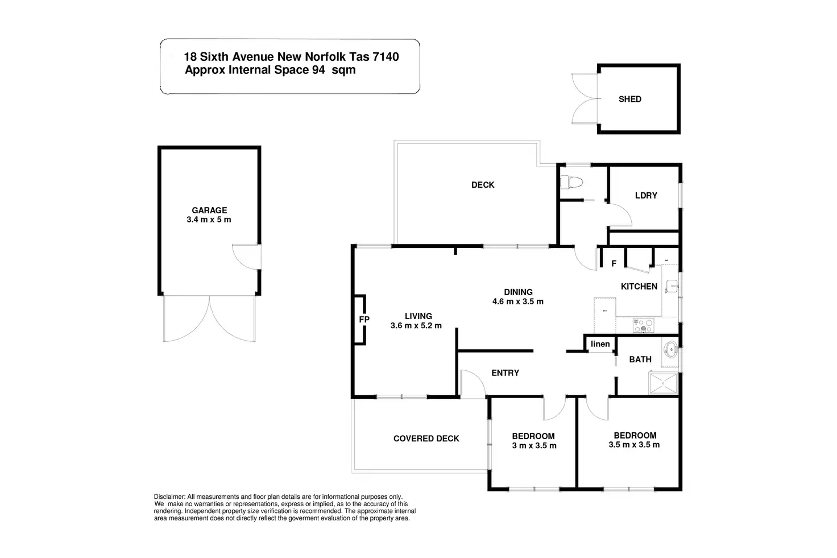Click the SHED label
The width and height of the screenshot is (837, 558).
coord(630,99)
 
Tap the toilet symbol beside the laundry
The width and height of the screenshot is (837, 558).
coord(571,183)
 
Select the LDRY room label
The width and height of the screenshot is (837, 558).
coord(646,196)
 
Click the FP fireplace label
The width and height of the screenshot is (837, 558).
coord(364,320)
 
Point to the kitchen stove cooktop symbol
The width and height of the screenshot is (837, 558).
coord(644,325)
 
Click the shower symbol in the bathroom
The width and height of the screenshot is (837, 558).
coord(663,383)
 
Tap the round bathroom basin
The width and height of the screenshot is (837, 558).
coord(671,350)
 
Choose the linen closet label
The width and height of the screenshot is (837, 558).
coord(600,344)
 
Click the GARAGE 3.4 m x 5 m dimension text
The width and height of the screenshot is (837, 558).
coord(209,220)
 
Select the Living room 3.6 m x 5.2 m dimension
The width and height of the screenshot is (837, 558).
coord(416,325)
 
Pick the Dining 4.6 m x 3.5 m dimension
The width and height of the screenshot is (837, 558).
coord(518,301)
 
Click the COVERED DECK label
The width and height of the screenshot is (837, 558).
coord(426,439)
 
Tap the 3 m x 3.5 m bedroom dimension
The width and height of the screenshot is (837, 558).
coord(534,445)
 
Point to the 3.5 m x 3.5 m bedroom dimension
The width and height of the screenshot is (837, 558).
coord(634,445)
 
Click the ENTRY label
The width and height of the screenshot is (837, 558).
coord(505,373)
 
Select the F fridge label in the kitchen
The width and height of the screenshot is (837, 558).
coord(614,264)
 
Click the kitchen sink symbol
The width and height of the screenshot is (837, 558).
coord(672,287)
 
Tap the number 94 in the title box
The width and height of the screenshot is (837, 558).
coord(318,70)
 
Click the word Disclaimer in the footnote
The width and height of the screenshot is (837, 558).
coord(169,497)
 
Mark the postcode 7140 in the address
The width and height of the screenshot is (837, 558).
coord(386,57)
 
